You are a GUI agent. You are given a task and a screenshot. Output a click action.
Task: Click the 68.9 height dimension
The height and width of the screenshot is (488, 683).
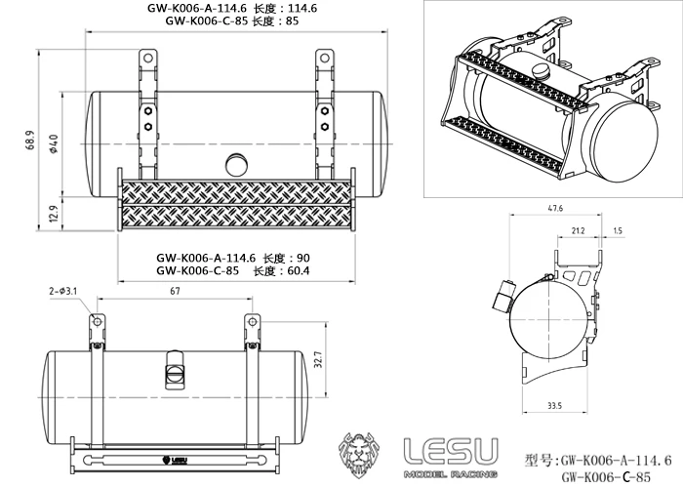point(32,143)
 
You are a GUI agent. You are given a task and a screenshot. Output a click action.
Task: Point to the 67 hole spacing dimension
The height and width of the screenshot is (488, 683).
point(174,291)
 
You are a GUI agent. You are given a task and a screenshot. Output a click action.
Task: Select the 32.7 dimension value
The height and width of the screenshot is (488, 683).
point(317,363)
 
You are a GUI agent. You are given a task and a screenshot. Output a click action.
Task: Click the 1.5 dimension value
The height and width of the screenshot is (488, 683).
point(618,231)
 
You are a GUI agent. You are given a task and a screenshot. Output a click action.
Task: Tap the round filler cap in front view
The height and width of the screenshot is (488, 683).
point(236,163)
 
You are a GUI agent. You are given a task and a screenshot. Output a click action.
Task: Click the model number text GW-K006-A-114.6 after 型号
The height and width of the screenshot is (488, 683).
point(615,459)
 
